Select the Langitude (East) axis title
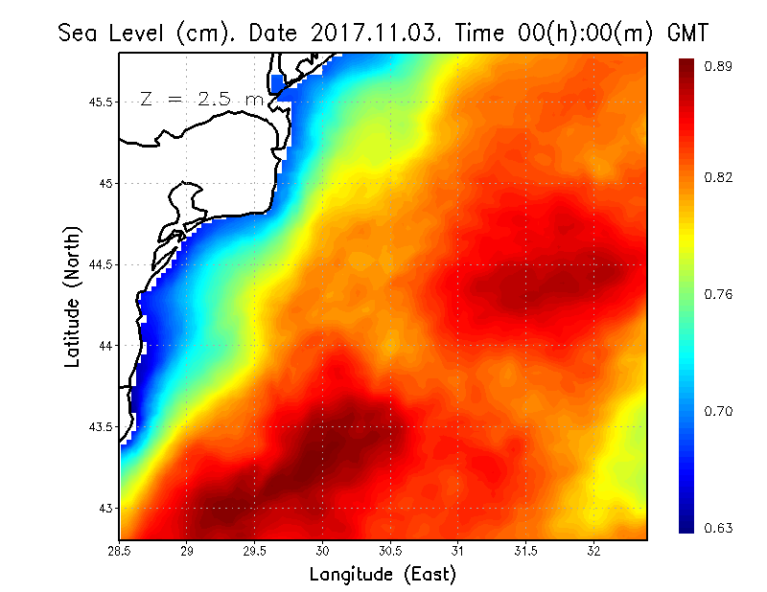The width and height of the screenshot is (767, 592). point(383,575)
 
